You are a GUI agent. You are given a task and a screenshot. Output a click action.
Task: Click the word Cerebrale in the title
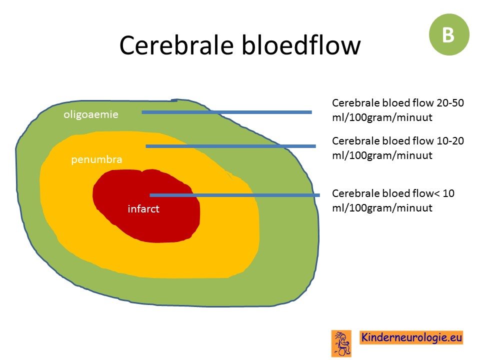(176, 45)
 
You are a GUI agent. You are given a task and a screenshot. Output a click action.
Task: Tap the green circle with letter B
(449, 34)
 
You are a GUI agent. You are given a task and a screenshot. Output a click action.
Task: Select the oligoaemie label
(91, 114)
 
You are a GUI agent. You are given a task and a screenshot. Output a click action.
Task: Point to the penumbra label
(96, 159)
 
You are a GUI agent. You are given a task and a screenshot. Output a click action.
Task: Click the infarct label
(143, 209)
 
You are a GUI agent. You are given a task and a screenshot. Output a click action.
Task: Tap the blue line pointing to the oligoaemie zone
(227, 112)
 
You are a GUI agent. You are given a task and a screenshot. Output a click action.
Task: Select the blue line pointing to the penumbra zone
(231, 146)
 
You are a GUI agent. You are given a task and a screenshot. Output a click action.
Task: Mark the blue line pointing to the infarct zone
(235, 195)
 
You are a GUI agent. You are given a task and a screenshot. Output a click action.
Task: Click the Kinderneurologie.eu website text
(411, 337)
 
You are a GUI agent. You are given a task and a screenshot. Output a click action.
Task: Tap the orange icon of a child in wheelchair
(341, 343)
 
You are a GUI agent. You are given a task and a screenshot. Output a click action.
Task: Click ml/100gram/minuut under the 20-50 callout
(382, 117)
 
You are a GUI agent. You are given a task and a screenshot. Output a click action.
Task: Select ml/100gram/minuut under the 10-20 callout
(382, 155)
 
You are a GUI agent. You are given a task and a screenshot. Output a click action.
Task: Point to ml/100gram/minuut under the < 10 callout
(382, 208)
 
